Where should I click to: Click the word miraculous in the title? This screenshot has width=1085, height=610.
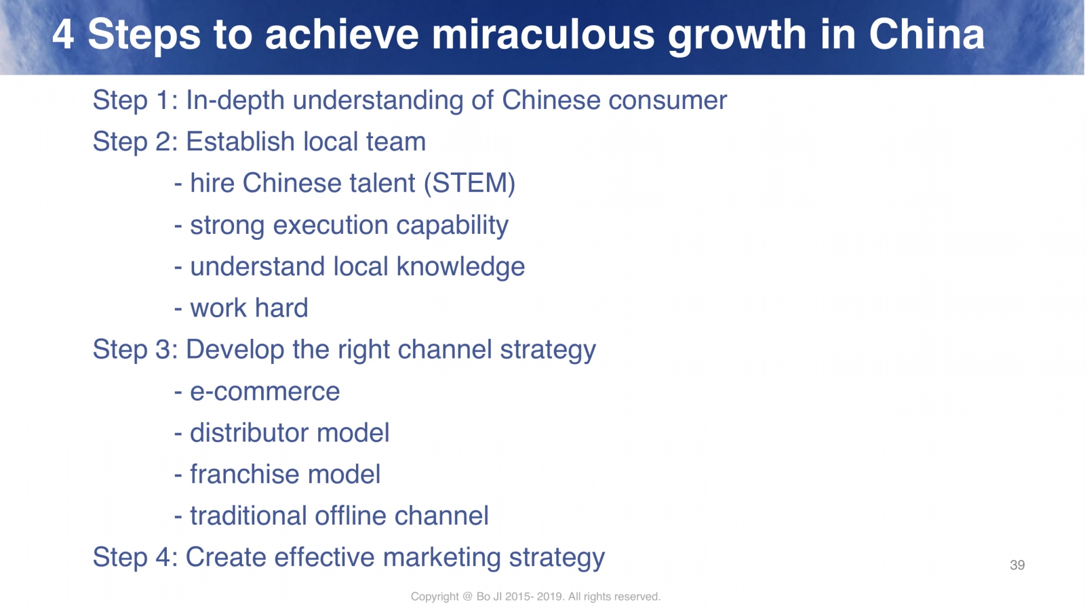tap(542, 35)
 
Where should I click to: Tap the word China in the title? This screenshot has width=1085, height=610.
tap(926, 35)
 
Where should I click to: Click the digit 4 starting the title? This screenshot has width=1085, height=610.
tap(64, 35)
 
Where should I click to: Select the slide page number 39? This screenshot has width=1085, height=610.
tap(1017, 565)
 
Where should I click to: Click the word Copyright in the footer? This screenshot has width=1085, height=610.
tap(435, 596)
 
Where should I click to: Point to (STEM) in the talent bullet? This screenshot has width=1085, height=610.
tap(469, 184)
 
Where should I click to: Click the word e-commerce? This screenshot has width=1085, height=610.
tap(265, 392)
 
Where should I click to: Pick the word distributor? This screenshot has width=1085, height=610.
tap(249, 432)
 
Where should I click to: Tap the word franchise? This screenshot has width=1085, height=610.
tap(245, 474)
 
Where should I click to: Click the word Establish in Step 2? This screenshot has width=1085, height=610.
tap(240, 142)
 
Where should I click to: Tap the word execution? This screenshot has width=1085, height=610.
tap(330, 225)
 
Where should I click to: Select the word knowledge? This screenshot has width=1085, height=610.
tap(460, 267)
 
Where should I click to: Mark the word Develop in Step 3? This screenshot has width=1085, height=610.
tap(235, 350)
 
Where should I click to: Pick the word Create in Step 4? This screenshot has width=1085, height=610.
tap(226, 556)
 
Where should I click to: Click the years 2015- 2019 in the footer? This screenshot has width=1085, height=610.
tap(534, 596)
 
